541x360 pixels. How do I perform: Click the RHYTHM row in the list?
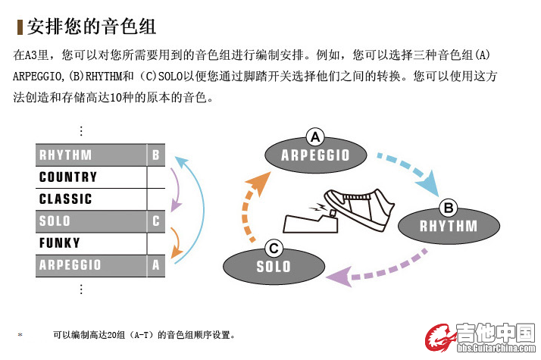pos(91,155)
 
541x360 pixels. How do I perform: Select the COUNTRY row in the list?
pos(91,177)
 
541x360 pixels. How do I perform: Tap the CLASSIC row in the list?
pos(91,199)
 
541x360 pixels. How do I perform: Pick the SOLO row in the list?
pos(91,221)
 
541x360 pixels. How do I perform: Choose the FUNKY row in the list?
pos(91,243)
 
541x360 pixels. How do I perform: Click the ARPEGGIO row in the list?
pos(91,265)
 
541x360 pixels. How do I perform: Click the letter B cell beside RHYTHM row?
pos(155,155)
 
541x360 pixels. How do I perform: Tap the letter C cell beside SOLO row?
pos(155,221)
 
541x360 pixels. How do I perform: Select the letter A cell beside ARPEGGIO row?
pos(155,265)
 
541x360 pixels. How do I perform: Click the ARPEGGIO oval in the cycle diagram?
pos(315,155)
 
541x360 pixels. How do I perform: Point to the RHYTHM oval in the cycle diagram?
pos(449,225)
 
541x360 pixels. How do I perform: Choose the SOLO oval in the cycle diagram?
pos(274,267)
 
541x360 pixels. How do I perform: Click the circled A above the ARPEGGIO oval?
pos(314,136)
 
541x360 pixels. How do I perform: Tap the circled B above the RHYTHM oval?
pos(448,207)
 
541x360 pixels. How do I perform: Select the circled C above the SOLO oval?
pos(274,248)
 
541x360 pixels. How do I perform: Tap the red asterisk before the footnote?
pos(20,334)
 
